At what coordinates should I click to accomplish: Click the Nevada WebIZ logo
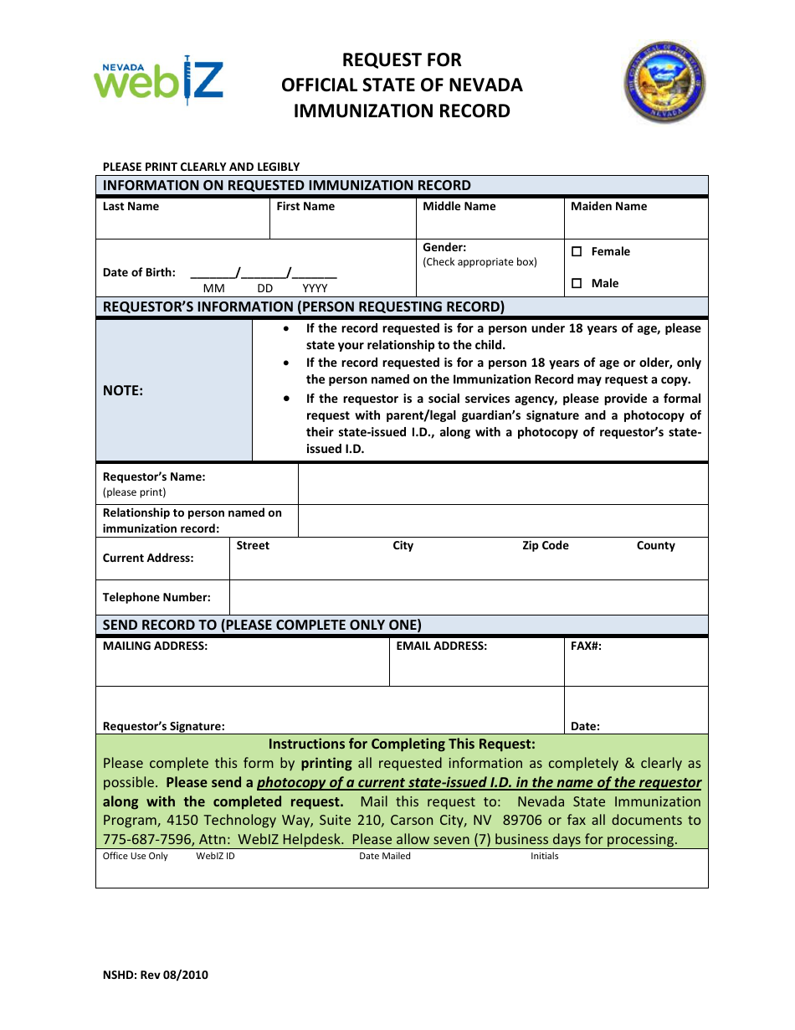(158, 80)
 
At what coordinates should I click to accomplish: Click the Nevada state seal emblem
(664, 84)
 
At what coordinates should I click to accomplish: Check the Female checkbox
(577, 251)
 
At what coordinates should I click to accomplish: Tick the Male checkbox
(577, 283)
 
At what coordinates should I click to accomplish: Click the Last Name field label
(131, 206)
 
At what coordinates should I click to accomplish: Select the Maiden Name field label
(608, 206)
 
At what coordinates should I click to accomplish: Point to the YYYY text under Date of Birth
(315, 288)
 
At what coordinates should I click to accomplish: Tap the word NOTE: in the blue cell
(123, 390)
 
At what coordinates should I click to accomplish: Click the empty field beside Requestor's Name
(502, 484)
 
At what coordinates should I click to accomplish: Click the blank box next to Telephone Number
(469, 597)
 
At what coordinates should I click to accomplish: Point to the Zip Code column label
(545, 545)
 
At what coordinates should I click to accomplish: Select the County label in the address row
(655, 545)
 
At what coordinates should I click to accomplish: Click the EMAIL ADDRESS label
(441, 646)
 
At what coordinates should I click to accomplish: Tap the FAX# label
(586, 646)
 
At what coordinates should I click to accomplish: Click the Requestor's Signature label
(163, 726)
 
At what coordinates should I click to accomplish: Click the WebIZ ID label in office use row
(215, 856)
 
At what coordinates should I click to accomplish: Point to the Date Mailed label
(384, 856)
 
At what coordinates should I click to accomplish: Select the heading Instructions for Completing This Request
(402, 744)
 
